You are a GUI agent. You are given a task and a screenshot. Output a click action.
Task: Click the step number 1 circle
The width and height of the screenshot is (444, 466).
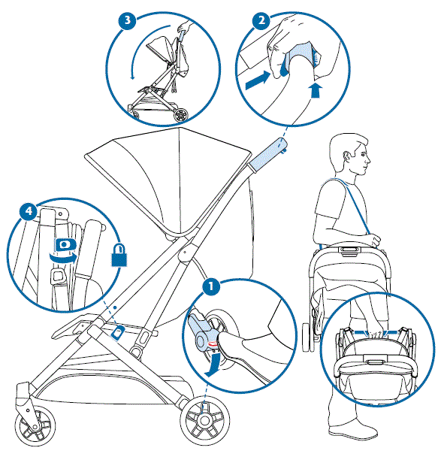(x=213, y=287)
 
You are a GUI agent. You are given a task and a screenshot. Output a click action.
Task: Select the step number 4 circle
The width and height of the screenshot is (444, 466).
(x=28, y=211)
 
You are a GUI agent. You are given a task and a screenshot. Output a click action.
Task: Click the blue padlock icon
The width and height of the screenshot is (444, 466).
(x=117, y=257)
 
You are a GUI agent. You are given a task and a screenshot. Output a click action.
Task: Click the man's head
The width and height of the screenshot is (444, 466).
(x=350, y=155)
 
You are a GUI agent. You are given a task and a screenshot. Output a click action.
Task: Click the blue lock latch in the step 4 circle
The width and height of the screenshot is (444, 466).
(x=63, y=249)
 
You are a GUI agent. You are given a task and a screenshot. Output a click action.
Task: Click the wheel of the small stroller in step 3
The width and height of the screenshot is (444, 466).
(x=180, y=115)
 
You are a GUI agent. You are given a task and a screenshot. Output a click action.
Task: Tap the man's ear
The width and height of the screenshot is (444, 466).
(x=349, y=159)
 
